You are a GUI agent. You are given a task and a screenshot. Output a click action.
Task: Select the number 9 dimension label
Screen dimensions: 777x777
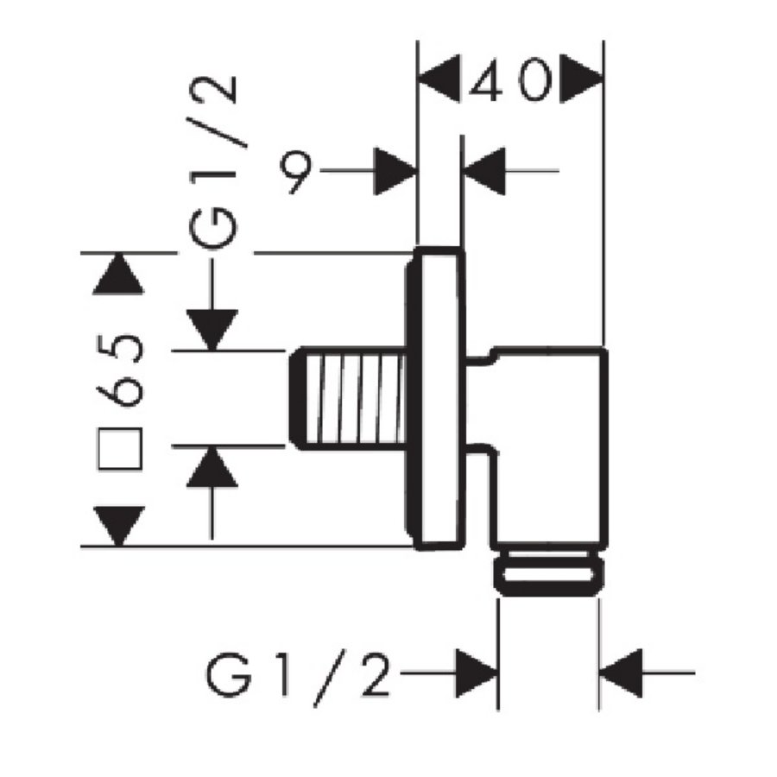pos(296,171)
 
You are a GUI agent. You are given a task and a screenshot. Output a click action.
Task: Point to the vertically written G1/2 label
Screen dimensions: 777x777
pos(212,164)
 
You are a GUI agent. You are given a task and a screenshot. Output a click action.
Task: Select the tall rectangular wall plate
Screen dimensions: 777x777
pos(440,399)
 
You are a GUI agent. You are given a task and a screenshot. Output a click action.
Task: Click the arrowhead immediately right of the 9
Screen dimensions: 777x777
pos(395,171)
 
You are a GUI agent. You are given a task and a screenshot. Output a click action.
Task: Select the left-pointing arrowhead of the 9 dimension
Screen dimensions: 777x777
pos(485,171)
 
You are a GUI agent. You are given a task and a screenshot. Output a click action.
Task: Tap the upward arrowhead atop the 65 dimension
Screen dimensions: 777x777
pos(119,275)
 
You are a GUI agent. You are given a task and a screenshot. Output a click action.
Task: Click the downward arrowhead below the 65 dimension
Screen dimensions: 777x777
pos(119,526)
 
